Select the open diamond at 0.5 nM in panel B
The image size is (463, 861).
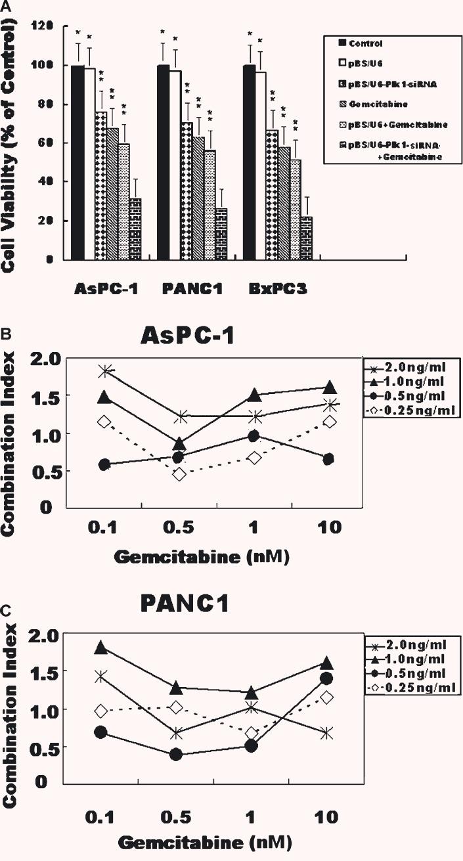[179, 474]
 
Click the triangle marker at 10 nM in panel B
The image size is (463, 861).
[330, 387]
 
